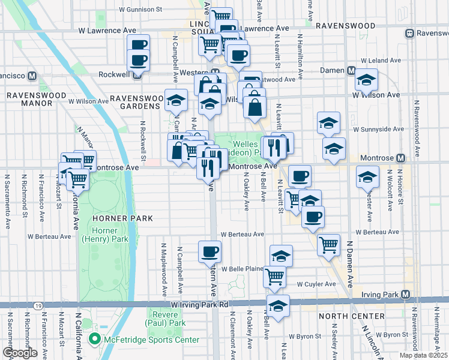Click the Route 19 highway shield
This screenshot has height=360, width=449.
(x=38, y=305)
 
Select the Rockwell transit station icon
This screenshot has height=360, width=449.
(x=138, y=76)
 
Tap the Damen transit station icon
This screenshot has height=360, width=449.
(x=350, y=71)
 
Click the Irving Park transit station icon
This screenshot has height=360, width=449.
(x=405, y=295)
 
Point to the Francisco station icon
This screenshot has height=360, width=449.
(x=32, y=76)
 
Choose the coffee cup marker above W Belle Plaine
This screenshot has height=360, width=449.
(x=209, y=252)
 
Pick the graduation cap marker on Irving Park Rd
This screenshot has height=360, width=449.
(x=278, y=305)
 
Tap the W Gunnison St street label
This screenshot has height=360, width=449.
(x=141, y=10)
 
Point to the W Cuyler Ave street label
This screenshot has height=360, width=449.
(x=315, y=284)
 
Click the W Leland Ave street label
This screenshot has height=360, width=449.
(x=380, y=61)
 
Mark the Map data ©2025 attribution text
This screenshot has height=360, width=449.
(x=423, y=355)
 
